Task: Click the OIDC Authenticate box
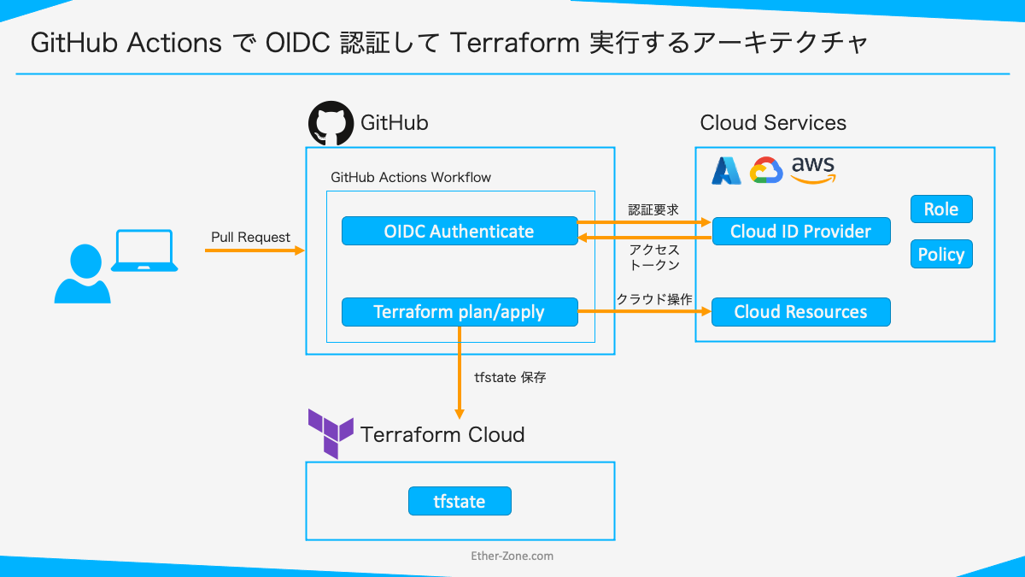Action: pyautogui.click(x=460, y=231)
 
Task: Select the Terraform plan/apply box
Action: pyautogui.click(x=460, y=312)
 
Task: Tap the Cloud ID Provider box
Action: pyautogui.click(x=800, y=231)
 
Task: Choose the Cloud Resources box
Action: pyautogui.click(x=800, y=312)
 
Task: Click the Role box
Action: pyautogui.click(x=941, y=209)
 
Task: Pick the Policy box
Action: pyautogui.click(x=941, y=254)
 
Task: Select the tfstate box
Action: pyautogui.click(x=460, y=501)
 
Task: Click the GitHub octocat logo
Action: pyautogui.click(x=331, y=124)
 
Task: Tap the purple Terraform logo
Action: pyautogui.click(x=331, y=433)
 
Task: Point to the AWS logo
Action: pyautogui.click(x=812, y=169)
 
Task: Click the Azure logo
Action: pyautogui.click(x=727, y=171)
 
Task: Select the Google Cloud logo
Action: pyautogui.click(x=766, y=171)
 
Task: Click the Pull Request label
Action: pyautogui.click(x=250, y=237)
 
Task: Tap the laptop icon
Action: pyautogui.click(x=145, y=251)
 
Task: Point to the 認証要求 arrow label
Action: pyautogui.click(x=653, y=209)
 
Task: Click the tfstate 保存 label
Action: pyautogui.click(x=510, y=377)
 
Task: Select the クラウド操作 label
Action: pyautogui.click(x=653, y=299)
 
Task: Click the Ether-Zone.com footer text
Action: pyautogui.click(x=512, y=556)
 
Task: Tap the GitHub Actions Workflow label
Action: pyautogui.click(x=411, y=177)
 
